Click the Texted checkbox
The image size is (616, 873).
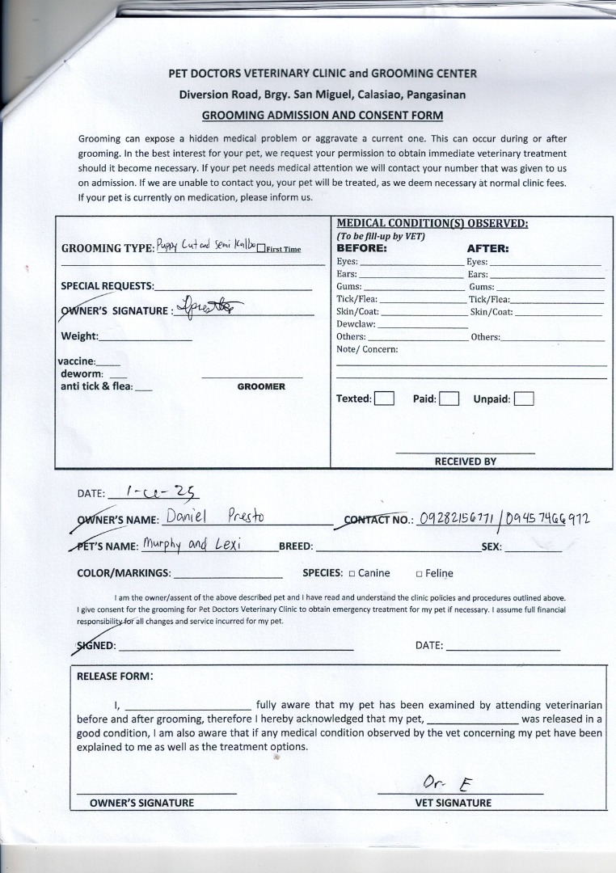(384, 399)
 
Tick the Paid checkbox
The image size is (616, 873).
(449, 399)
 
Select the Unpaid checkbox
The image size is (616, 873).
(524, 399)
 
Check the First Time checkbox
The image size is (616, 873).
(260, 249)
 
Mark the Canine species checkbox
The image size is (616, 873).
(352, 574)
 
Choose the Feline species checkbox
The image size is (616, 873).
(420, 574)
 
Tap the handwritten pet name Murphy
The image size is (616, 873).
(163, 544)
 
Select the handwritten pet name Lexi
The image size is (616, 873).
(231, 544)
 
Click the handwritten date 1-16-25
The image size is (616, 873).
(153, 491)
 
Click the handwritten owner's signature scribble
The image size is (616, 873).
(209, 308)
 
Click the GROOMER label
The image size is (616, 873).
(261, 386)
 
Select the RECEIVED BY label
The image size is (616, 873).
(466, 462)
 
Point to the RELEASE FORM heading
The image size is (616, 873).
(114, 677)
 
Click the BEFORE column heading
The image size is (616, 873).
(361, 248)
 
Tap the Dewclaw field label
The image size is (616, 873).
(352, 324)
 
